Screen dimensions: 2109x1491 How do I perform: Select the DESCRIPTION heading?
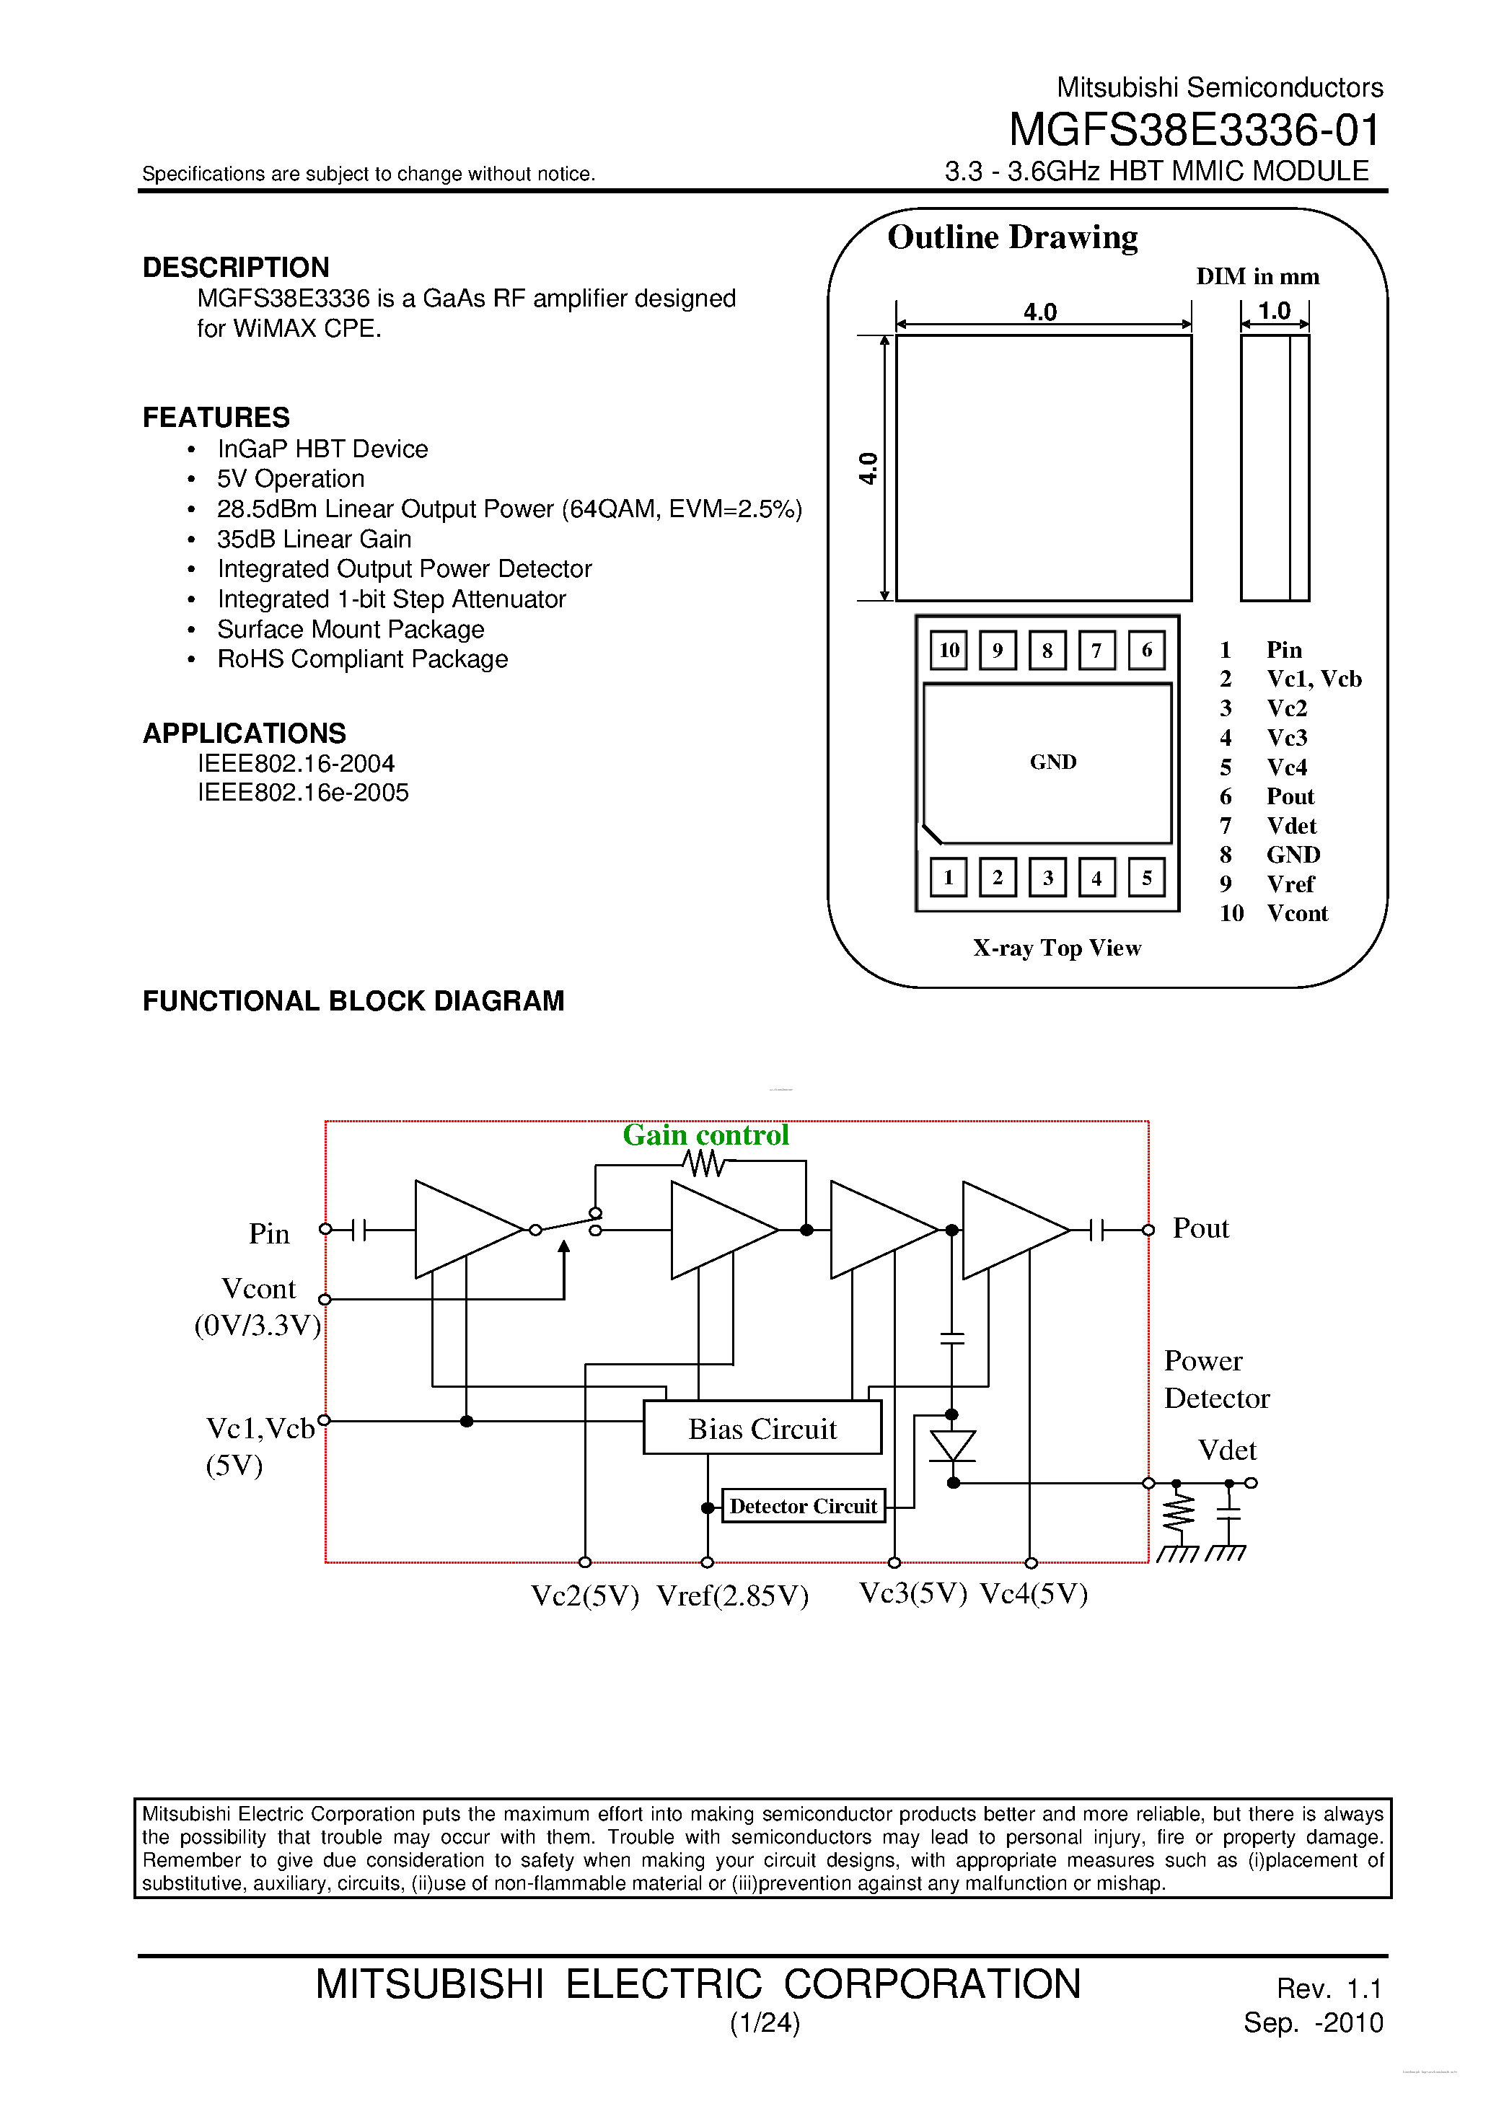coord(235,268)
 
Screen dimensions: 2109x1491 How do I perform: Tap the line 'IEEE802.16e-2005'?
coord(302,793)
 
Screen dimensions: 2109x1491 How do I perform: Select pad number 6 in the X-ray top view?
coord(1145,651)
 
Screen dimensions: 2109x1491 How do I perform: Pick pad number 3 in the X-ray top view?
coord(1047,877)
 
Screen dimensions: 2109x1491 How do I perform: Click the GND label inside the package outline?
coord(1053,762)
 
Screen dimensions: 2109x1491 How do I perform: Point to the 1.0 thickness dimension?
coord(1274,312)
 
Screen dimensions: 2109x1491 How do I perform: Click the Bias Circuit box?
coord(762,1428)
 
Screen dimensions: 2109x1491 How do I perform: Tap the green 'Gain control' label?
coord(705,1135)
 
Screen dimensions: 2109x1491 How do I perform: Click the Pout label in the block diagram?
coord(1200,1228)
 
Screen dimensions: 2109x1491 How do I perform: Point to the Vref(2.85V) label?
coord(732,1595)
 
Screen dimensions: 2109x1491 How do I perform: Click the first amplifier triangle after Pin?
coord(459,1229)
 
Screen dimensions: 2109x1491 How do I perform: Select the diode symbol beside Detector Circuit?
coord(953,1446)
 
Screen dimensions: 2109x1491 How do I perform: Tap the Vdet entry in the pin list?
coord(1290,826)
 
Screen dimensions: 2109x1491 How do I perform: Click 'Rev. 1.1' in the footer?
coord(1329,1988)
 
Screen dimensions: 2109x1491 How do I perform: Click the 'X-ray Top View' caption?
coord(1057,948)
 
